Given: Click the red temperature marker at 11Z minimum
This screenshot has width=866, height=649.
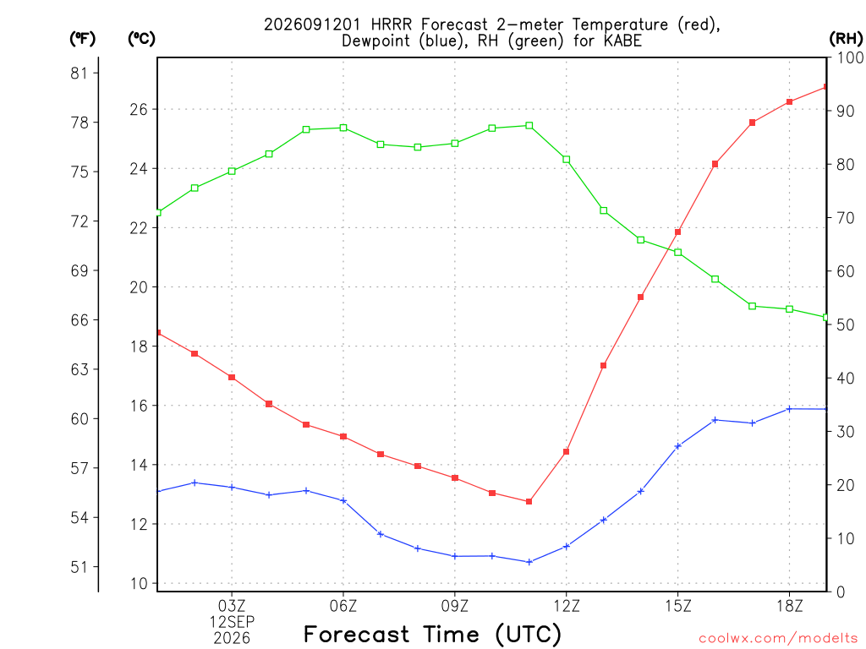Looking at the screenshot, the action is click(529, 502).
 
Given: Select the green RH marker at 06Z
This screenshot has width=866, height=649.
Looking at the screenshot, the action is click(343, 128).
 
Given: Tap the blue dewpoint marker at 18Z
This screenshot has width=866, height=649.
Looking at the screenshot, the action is click(789, 409).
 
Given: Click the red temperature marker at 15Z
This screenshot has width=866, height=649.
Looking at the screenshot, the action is click(677, 232).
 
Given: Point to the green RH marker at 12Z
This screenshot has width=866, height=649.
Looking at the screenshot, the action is click(566, 160).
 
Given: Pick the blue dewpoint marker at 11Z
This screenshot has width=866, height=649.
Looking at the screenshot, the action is click(529, 562).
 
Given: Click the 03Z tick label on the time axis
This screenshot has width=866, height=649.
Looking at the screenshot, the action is click(232, 606).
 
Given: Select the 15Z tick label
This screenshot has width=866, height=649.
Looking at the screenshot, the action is click(677, 606).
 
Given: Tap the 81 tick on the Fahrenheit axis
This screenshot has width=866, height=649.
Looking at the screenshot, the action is click(79, 73).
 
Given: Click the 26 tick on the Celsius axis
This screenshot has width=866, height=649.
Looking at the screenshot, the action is click(140, 109).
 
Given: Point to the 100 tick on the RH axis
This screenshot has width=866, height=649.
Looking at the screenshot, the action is click(850, 57).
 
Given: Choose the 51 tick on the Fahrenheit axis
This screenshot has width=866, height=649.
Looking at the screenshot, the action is click(79, 567).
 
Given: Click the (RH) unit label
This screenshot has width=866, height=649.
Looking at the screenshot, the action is click(846, 38).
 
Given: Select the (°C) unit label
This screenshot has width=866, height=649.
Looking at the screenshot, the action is click(141, 38).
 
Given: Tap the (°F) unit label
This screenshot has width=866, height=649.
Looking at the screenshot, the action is click(82, 38).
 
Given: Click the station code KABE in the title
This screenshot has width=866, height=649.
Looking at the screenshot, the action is click(622, 41).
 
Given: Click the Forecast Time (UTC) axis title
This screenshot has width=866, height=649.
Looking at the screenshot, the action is click(432, 634).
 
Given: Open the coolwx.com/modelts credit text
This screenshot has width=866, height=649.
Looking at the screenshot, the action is click(778, 639).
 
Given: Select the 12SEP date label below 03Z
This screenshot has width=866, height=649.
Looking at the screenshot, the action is click(232, 622).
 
